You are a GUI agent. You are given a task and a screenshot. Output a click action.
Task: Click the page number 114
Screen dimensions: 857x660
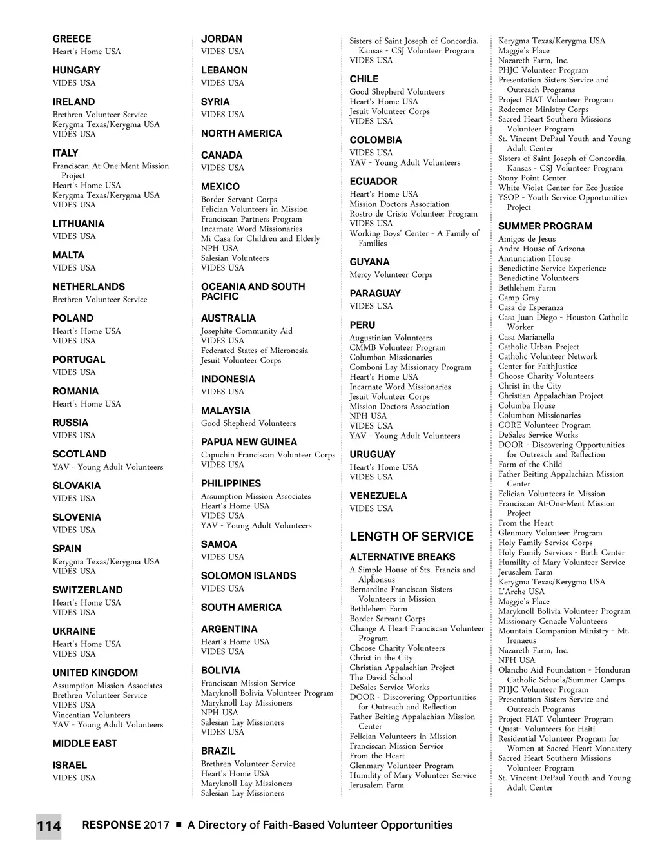[x=48, y=826]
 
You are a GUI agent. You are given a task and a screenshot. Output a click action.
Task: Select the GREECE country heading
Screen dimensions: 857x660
[x=72, y=39]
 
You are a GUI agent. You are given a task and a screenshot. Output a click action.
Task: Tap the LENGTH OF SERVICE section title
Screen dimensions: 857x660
[x=411, y=536]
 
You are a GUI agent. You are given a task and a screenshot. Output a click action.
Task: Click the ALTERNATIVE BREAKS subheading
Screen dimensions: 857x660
[x=402, y=557]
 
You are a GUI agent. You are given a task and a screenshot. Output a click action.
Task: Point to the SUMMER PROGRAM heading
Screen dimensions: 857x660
[x=545, y=226]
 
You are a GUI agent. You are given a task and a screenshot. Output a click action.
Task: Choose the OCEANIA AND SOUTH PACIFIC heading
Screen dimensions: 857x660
[x=253, y=291]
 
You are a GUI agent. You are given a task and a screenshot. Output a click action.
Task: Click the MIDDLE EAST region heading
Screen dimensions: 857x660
[x=85, y=743]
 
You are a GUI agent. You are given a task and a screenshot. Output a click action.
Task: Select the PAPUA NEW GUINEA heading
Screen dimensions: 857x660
[x=249, y=442]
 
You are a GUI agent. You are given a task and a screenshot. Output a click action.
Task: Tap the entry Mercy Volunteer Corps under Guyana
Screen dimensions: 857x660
[x=391, y=274]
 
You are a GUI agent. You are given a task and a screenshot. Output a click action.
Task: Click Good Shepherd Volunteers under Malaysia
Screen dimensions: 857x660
[x=248, y=423]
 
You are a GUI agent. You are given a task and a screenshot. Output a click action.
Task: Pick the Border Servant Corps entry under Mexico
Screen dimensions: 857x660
[x=238, y=200]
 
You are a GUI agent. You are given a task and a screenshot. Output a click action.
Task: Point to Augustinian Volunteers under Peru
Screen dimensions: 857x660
[x=391, y=338]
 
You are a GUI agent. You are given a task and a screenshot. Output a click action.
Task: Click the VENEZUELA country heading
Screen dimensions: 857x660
[x=378, y=496]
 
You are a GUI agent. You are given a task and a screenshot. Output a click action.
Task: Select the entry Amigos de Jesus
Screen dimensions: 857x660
[x=527, y=239]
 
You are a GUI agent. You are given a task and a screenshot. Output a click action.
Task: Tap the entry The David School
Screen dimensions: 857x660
[x=381, y=677]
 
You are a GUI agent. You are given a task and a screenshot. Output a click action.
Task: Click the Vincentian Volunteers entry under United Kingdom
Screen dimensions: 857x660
[x=92, y=715]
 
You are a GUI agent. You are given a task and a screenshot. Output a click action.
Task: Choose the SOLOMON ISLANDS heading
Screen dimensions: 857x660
[x=248, y=575]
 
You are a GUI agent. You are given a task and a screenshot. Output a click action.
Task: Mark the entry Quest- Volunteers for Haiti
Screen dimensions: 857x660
[x=547, y=729]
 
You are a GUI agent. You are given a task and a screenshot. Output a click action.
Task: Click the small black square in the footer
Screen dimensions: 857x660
[x=179, y=825]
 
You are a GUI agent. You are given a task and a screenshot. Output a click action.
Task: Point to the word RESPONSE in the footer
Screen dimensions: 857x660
[x=111, y=825]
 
